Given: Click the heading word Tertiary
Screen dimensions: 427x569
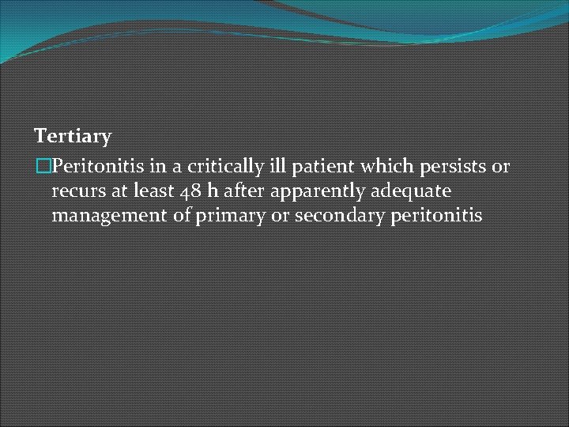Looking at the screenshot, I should pyautogui.click(x=73, y=137).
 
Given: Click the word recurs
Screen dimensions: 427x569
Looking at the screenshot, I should pyautogui.click(x=75, y=191).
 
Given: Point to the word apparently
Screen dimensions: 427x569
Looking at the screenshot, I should pyautogui.click(x=312, y=191).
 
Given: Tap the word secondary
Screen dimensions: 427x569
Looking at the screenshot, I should pyautogui.click(x=339, y=215).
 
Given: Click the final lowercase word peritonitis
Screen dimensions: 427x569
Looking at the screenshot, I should pyautogui.click(x=435, y=215).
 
